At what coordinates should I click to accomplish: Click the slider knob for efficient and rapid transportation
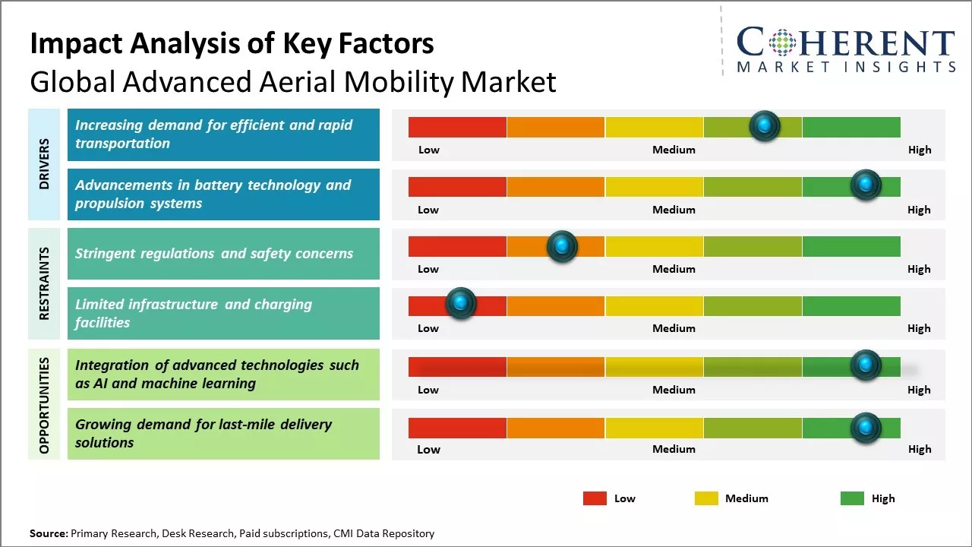coord(765,125)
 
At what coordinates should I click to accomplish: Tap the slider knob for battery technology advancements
coord(865,185)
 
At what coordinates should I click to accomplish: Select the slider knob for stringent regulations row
coord(562,245)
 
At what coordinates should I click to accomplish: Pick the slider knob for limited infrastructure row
coord(460,304)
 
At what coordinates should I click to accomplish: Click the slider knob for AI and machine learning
coord(865,365)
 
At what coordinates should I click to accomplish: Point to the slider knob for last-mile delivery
coord(865,428)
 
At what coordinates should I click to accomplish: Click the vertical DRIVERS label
coord(44,164)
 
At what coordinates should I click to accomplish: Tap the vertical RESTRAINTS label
coord(44,283)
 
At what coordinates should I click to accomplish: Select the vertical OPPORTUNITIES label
coord(44,405)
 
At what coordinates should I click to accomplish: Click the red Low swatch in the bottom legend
coord(595,498)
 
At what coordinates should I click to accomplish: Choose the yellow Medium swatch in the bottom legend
coord(706,498)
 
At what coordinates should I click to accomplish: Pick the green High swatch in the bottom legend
coord(852,498)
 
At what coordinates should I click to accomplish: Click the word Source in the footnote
coord(48,534)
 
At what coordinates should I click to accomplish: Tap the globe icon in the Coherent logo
coord(782,43)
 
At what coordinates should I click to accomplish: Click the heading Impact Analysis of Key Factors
coord(232,44)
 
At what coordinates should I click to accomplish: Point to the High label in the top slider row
coord(920,150)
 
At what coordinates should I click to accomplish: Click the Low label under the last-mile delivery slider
coord(428,449)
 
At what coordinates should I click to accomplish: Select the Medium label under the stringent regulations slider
coord(674,269)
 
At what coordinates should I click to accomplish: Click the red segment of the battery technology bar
coord(457,187)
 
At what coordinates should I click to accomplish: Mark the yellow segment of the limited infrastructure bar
coord(654,306)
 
